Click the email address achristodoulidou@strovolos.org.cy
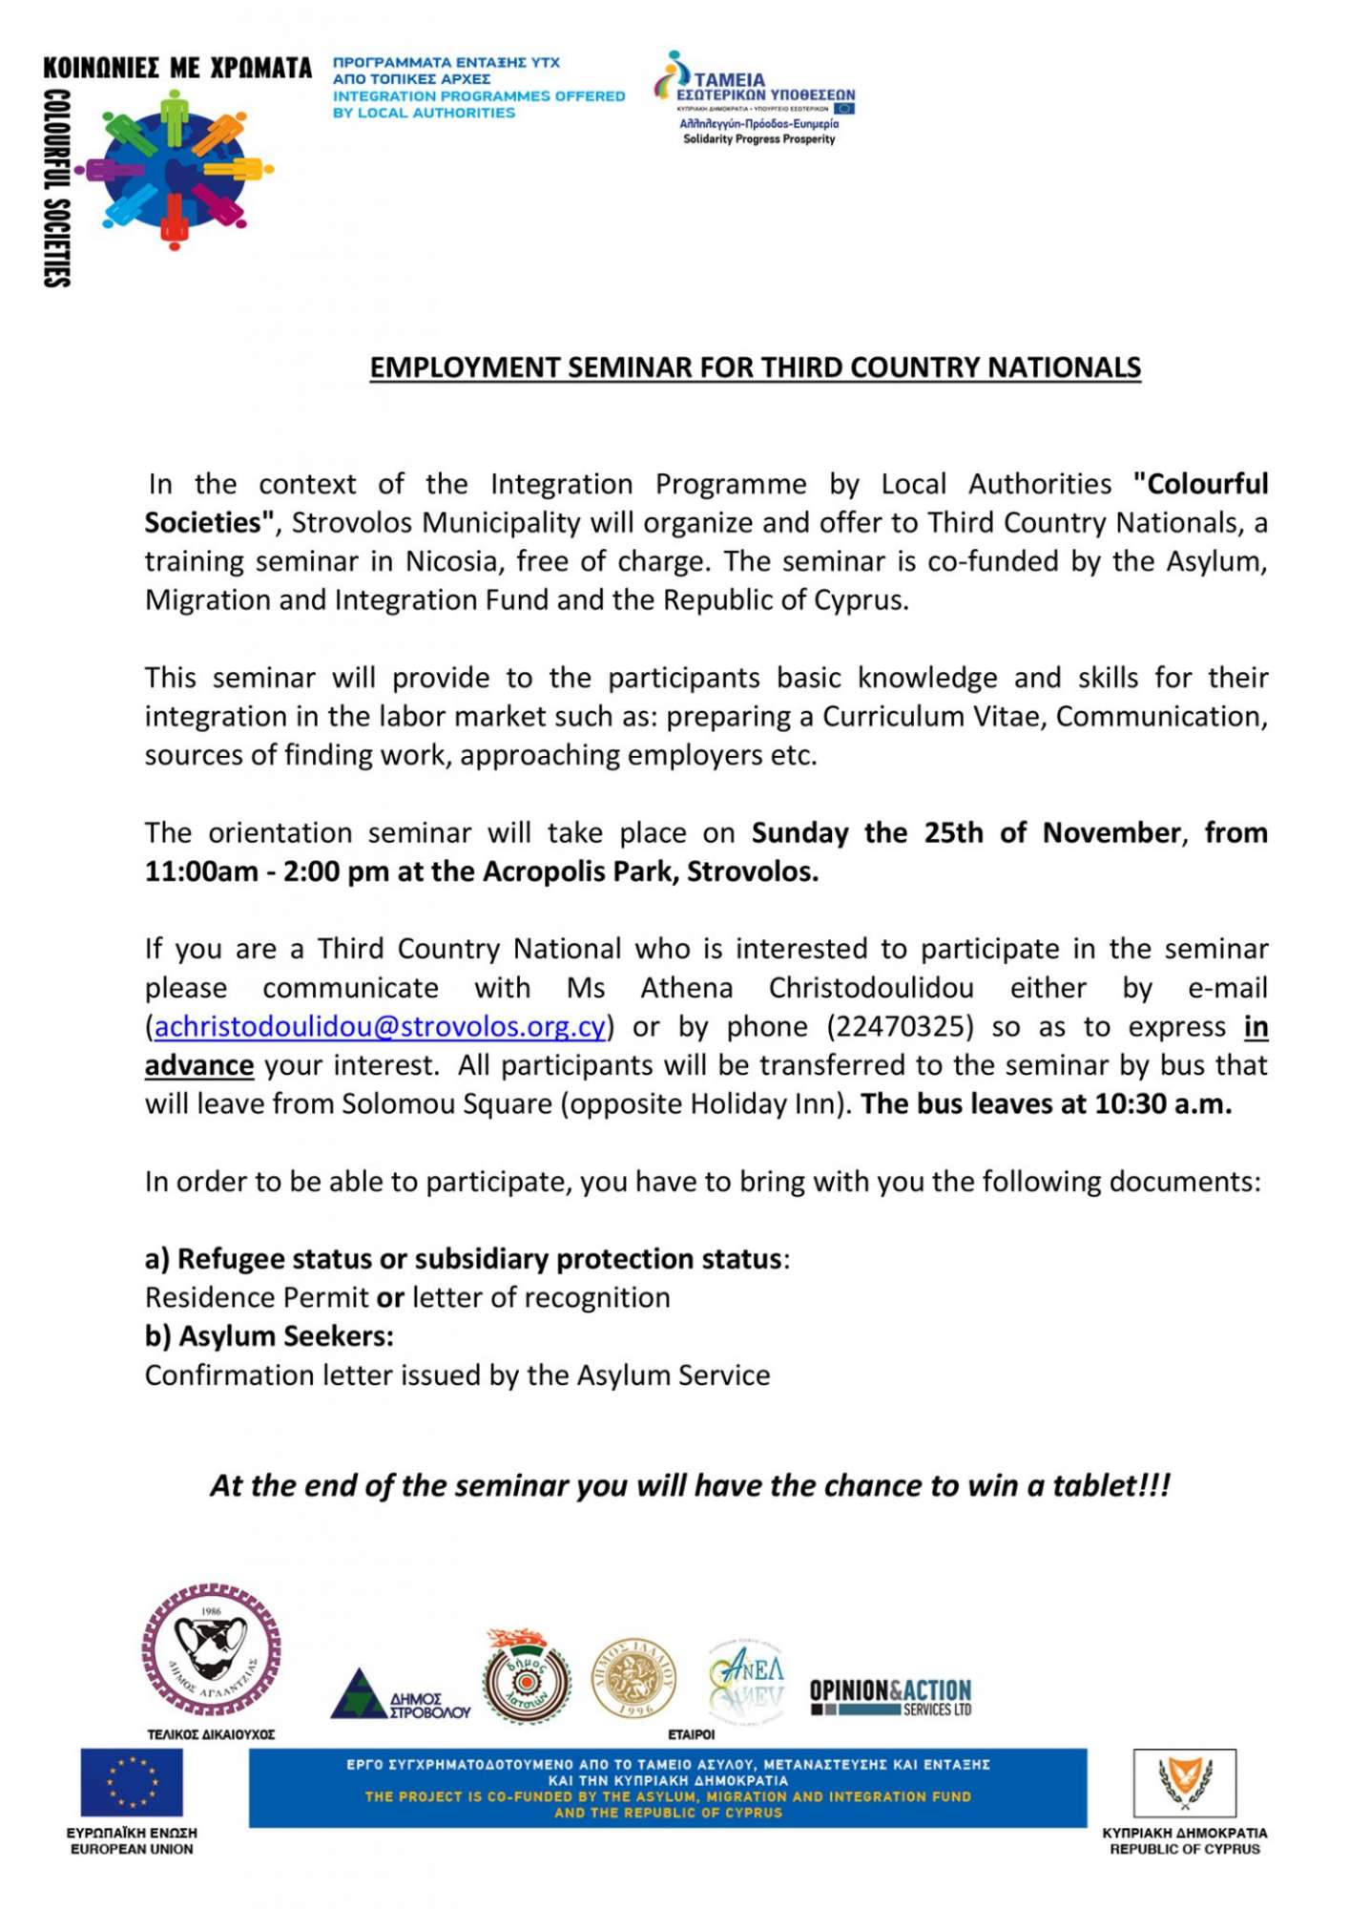coord(380,1027)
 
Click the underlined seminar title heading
coord(755,368)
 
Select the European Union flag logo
coord(131,1782)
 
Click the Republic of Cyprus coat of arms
coord(1184,1782)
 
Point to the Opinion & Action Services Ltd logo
coord(890,1696)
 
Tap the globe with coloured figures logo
coord(174,170)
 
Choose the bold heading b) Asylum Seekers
coord(269,1336)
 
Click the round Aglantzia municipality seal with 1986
coord(211,1650)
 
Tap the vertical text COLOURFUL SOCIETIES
coord(57,188)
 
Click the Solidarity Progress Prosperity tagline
coord(758,139)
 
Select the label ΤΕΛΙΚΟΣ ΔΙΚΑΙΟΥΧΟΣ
coord(211,1734)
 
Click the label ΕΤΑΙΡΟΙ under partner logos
coord(691,1734)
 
